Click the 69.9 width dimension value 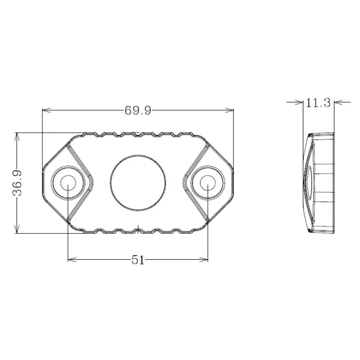click(138, 110)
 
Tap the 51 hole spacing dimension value click(138, 260)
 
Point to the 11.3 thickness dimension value click(318, 103)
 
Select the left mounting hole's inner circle click(68, 183)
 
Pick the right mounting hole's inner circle click(207, 183)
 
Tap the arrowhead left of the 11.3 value click(299, 102)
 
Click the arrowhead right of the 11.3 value click(338, 102)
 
